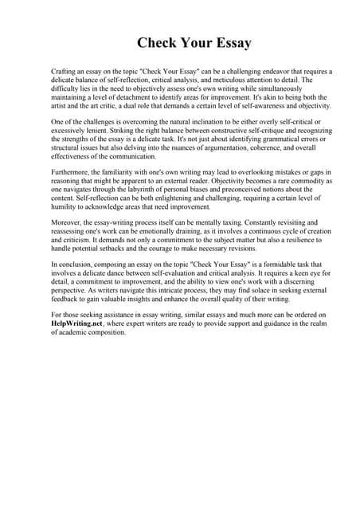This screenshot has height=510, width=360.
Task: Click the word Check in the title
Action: (x=157, y=42)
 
